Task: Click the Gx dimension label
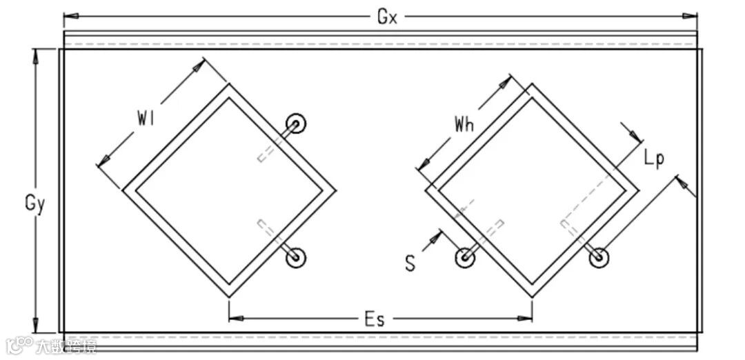click(x=387, y=17)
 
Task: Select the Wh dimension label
click(x=463, y=124)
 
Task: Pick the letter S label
click(x=410, y=263)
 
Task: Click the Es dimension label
click(x=375, y=319)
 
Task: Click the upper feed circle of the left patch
click(x=297, y=123)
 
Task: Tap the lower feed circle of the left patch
click(x=297, y=257)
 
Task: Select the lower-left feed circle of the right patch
click(x=466, y=257)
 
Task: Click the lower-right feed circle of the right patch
click(x=598, y=257)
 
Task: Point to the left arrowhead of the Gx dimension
click(x=69, y=15)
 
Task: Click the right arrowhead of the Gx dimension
click(x=693, y=15)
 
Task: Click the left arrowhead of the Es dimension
click(x=235, y=319)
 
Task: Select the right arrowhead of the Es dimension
click(x=527, y=319)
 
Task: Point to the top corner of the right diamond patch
click(x=532, y=84)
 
